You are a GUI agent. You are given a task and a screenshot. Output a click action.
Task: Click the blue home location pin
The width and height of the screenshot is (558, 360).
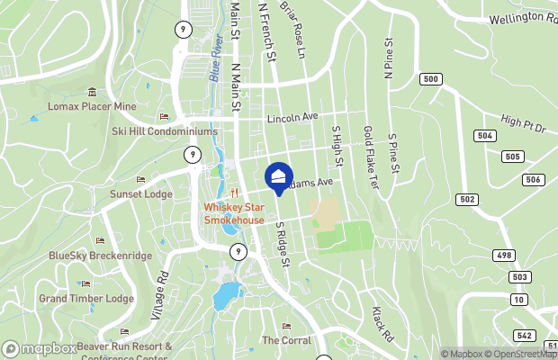click(x=279, y=176)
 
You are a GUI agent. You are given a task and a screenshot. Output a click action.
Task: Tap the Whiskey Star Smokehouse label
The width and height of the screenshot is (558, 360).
click(x=233, y=213)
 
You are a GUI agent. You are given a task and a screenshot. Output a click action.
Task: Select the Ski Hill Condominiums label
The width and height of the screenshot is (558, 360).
click(x=165, y=131)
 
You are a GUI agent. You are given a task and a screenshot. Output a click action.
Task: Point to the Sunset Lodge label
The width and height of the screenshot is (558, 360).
click(x=140, y=193)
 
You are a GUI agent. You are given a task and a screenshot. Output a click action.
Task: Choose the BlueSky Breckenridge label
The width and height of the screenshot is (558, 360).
click(x=100, y=256)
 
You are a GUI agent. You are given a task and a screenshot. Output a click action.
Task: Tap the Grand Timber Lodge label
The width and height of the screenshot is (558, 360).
click(x=85, y=298)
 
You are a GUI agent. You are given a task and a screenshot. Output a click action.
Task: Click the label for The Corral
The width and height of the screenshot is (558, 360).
click(x=286, y=340)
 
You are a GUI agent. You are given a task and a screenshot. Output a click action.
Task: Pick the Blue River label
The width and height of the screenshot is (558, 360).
click(x=216, y=60)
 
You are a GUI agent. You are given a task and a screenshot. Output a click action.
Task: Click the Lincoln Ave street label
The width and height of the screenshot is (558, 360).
click(x=292, y=118)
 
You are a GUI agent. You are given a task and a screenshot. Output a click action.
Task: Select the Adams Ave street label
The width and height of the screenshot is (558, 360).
click(x=311, y=183)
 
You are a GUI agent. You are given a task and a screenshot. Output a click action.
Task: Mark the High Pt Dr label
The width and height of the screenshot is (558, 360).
click(x=524, y=124)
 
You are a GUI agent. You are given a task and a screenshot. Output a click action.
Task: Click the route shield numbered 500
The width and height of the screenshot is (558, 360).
click(x=431, y=79)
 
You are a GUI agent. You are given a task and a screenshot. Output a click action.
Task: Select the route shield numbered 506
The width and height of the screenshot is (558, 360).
click(x=533, y=180)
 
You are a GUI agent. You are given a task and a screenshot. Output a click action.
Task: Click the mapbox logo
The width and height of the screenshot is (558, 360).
click(x=40, y=348)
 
